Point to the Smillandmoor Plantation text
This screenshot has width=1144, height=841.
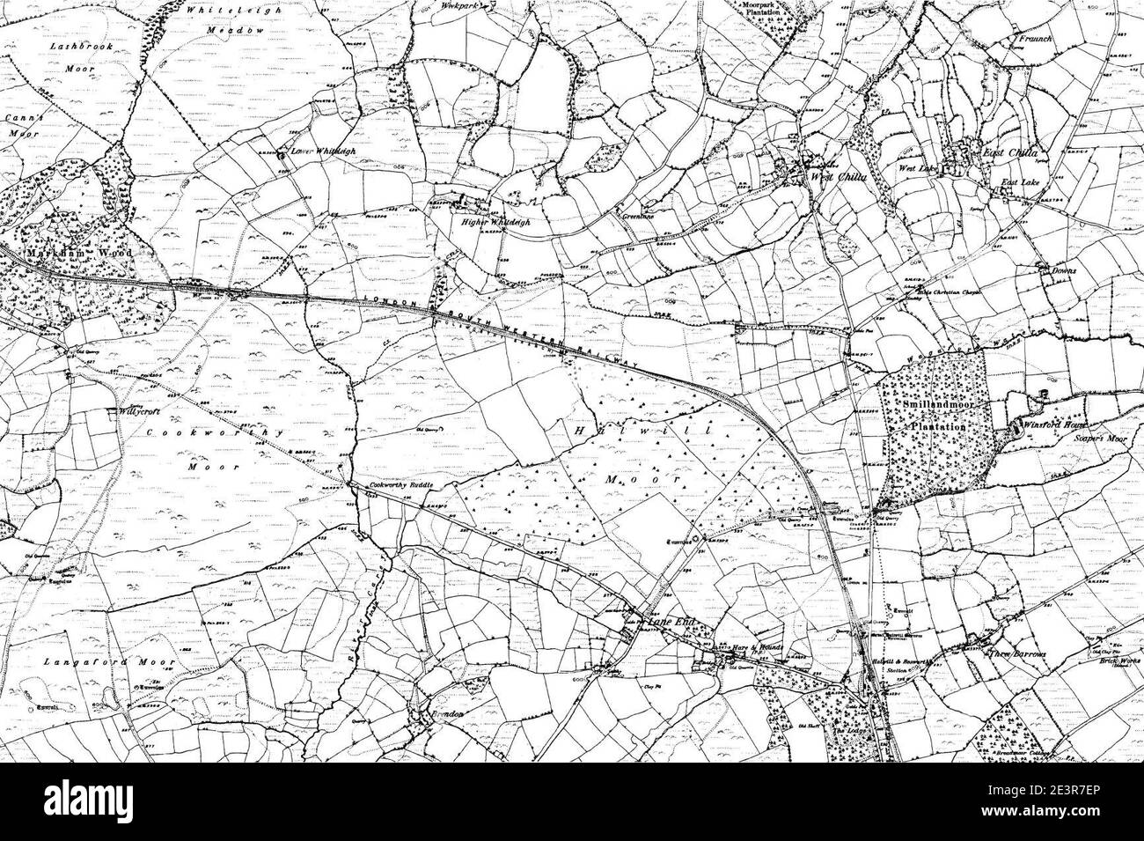pyautogui.click(x=937, y=415)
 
